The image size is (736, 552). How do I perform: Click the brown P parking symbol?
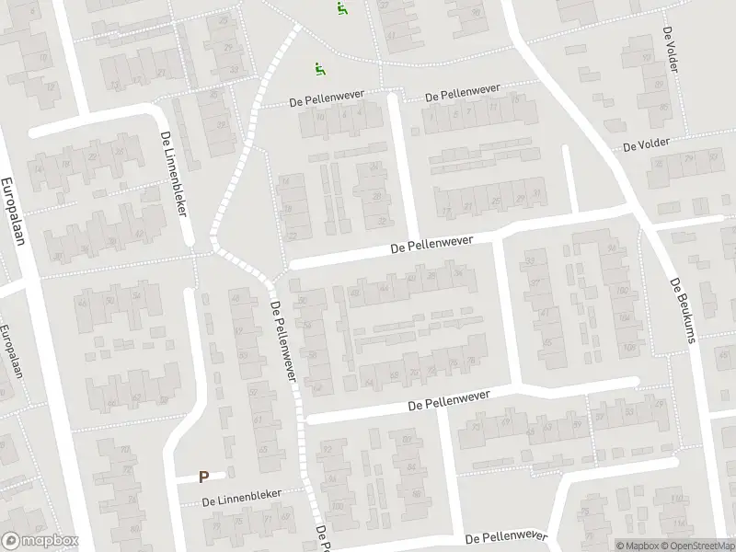tap(204, 477)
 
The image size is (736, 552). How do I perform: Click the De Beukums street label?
tap(681, 311)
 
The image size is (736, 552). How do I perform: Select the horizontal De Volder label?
tap(646, 145)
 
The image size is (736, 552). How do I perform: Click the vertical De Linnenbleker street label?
tap(173, 172)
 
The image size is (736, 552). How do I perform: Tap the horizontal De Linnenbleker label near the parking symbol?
tap(243, 497)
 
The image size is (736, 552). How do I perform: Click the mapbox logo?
tap(41, 541)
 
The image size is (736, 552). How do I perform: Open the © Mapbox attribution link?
tap(639, 545)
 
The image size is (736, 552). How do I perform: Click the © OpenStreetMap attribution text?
tap(698, 545)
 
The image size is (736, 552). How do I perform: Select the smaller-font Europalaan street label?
tap(10, 351)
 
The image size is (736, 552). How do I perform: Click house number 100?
tap(339, 506)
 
